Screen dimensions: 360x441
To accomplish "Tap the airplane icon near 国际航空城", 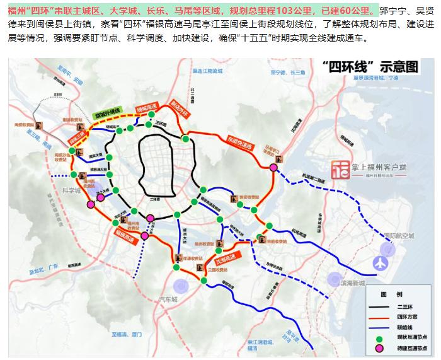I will coord(382,262).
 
